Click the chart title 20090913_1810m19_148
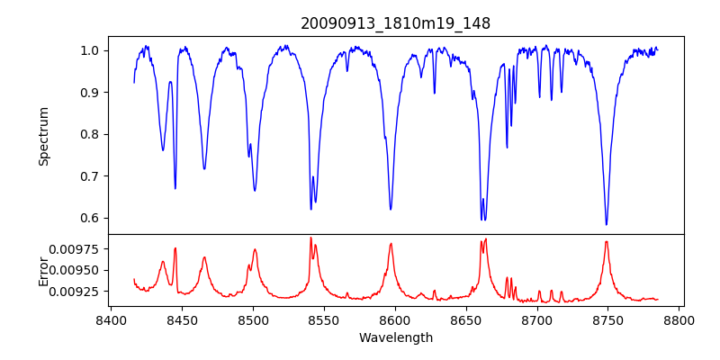(395, 24)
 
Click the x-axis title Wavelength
(395, 338)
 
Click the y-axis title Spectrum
(43, 136)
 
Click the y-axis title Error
(43, 270)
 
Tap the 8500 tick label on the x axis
(253, 319)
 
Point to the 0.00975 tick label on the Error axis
(76, 248)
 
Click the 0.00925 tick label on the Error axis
(76, 292)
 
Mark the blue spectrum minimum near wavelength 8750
(607, 224)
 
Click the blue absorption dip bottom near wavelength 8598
(391, 210)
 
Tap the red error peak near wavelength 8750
(607, 241)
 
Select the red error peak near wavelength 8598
(391, 243)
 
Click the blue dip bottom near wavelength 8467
(204, 169)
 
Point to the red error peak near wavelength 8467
(204, 257)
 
